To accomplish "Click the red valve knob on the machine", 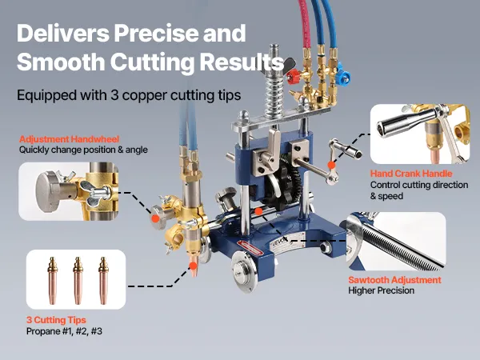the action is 294,77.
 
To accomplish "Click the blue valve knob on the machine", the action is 342,76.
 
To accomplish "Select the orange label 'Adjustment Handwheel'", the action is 69,139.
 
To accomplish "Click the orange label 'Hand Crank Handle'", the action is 411,174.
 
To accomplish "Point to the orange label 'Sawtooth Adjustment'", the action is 394,280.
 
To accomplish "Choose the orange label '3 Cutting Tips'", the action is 56,320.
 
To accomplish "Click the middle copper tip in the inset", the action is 78,281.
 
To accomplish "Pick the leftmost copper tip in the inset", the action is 52,281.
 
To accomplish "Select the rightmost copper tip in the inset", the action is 103,281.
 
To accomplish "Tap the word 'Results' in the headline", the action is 242,62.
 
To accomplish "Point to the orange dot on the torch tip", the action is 193,266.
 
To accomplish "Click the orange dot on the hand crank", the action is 331,165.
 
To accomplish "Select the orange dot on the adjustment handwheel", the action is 155,218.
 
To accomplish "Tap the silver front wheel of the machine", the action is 244,271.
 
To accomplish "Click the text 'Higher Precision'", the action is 381,290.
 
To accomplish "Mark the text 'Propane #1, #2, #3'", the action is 64,331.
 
